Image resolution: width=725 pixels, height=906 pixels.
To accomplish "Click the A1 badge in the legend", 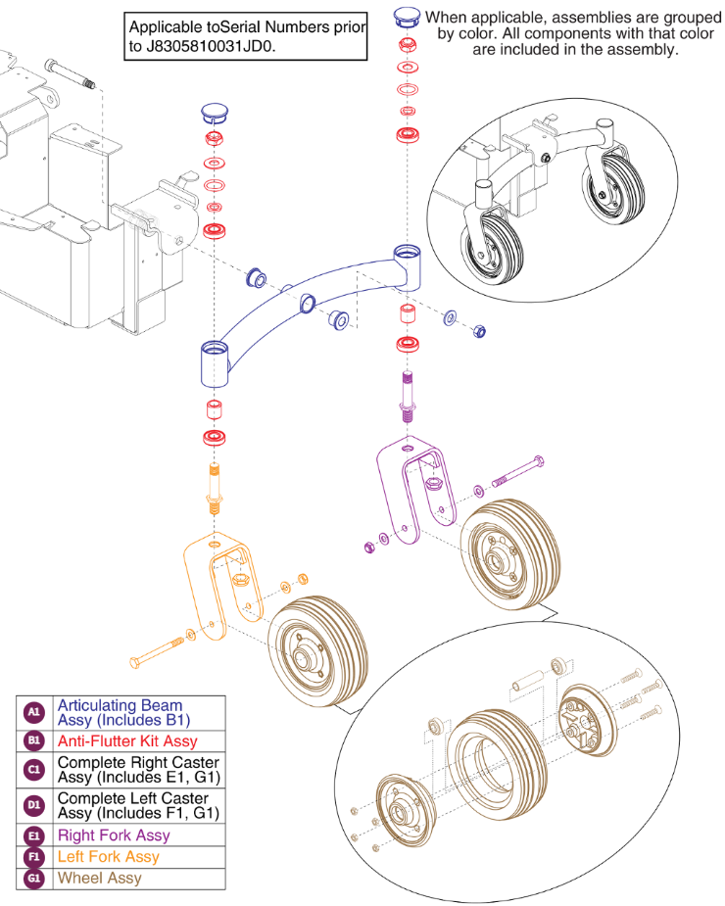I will click(x=34, y=712).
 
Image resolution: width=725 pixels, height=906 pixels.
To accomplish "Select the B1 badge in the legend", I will click(x=34, y=741).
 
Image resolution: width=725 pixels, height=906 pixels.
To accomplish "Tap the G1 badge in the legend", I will click(x=34, y=879).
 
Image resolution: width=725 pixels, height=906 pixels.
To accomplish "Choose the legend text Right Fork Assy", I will click(x=114, y=835).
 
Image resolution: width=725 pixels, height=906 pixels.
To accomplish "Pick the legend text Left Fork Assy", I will click(x=109, y=857).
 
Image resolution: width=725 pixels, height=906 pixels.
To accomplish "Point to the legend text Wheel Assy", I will click(x=100, y=879).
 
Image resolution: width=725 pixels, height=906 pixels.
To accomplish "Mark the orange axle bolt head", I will click(x=135, y=663).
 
